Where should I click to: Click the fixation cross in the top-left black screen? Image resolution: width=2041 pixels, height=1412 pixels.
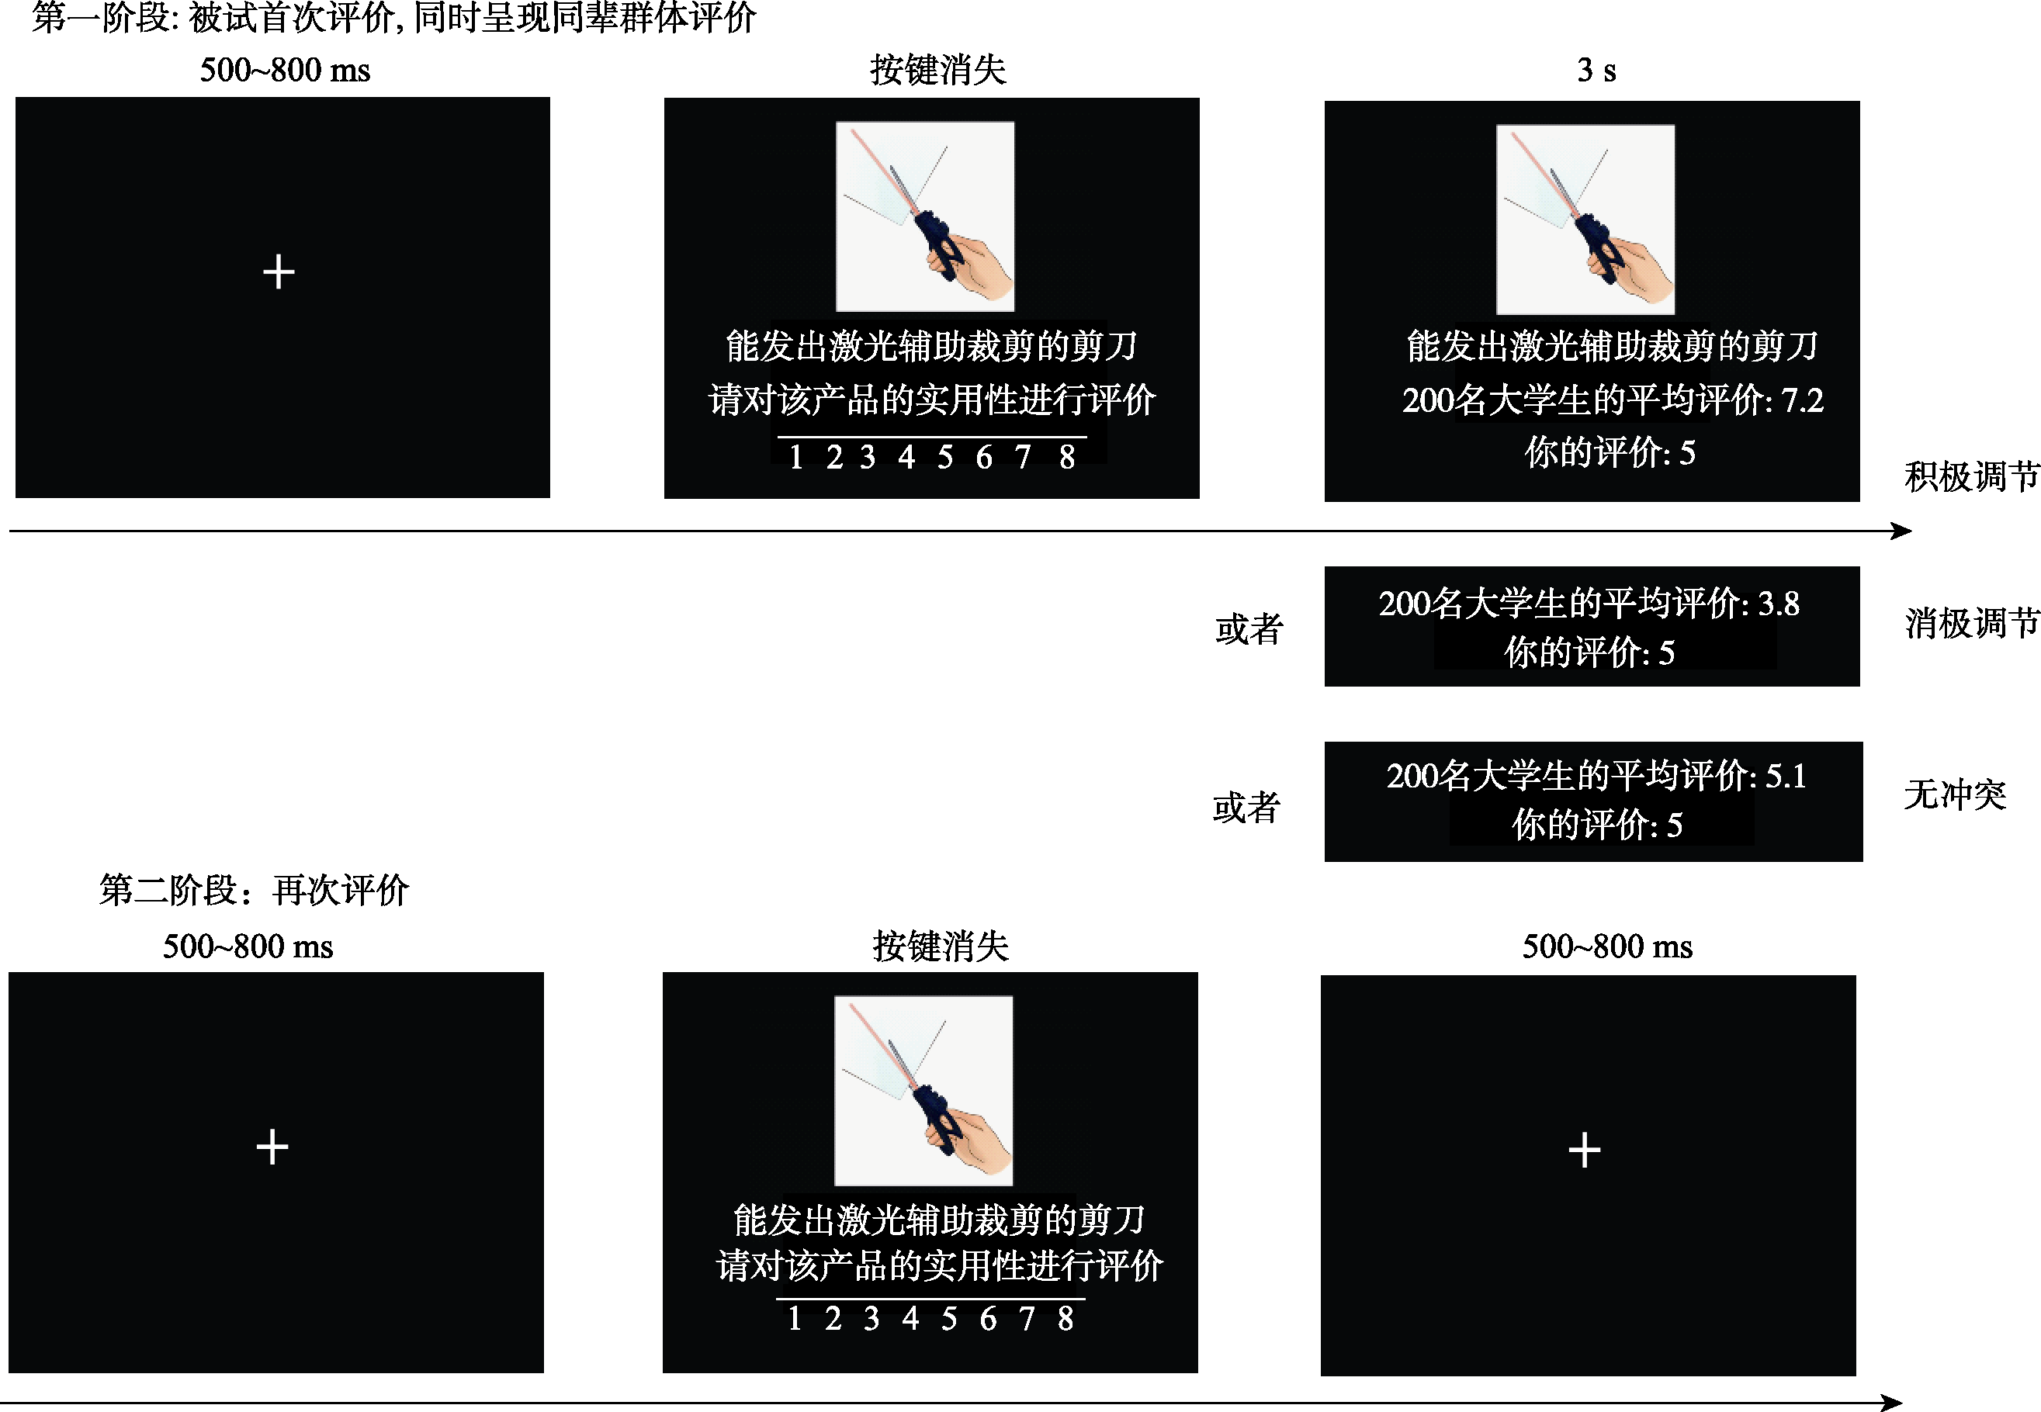(279, 272)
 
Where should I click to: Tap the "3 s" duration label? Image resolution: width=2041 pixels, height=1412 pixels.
(1596, 70)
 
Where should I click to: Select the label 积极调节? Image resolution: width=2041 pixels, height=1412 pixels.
(1972, 476)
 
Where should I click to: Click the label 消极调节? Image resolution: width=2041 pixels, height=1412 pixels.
(1972, 623)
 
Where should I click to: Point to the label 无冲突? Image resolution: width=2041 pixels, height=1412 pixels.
(1955, 794)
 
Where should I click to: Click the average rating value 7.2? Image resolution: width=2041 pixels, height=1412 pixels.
(1802, 401)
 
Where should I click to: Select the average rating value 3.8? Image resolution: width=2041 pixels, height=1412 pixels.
(1778, 604)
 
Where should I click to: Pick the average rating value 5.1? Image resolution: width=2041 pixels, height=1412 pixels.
(1786, 776)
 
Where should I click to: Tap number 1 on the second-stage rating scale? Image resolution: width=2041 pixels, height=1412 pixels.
(795, 1318)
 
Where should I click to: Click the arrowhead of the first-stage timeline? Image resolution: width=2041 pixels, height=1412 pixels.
(1901, 531)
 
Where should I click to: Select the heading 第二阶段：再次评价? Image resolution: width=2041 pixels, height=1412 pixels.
(254, 890)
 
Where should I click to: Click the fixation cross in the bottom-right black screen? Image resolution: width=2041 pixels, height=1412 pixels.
(1584, 1150)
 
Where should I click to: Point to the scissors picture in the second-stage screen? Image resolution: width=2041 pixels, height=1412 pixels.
(923, 1091)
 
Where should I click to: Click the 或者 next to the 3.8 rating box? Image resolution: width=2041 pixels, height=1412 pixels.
(1249, 629)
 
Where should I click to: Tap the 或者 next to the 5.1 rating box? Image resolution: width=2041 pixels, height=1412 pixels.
(1246, 807)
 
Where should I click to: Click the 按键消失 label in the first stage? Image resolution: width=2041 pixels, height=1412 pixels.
(937, 70)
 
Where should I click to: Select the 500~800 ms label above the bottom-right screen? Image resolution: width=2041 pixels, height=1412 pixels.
(1607, 947)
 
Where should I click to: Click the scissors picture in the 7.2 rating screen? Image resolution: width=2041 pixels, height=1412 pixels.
(1585, 220)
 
